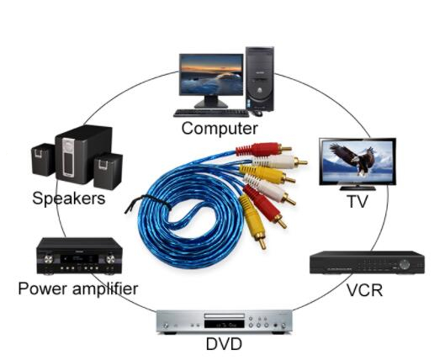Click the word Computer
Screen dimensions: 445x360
220,129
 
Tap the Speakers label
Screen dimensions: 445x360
69,199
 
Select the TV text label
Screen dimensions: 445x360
358,201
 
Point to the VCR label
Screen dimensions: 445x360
364,290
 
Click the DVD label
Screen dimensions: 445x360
224,344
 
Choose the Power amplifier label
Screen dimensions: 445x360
78,289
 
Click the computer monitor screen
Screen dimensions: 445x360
211,75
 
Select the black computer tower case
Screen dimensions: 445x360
260,79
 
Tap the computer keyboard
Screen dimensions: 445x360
211,114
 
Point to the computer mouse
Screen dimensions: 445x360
257,113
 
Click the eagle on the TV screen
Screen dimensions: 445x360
352,159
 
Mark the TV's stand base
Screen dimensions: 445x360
358,188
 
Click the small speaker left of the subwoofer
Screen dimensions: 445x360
43,160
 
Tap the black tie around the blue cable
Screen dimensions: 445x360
149,203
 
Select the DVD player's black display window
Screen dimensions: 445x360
225,324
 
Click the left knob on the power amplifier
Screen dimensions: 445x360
49,259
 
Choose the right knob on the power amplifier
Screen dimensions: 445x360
110,259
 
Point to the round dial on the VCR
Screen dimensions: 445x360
404,264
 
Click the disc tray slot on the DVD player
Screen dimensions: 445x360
225,316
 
